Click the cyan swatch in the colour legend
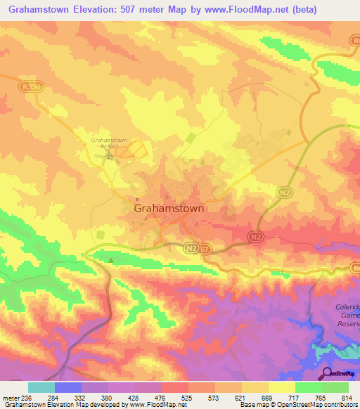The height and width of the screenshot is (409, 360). point(41,387)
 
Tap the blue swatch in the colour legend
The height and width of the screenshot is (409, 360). point(68,387)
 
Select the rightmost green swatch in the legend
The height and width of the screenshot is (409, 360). point(335,387)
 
